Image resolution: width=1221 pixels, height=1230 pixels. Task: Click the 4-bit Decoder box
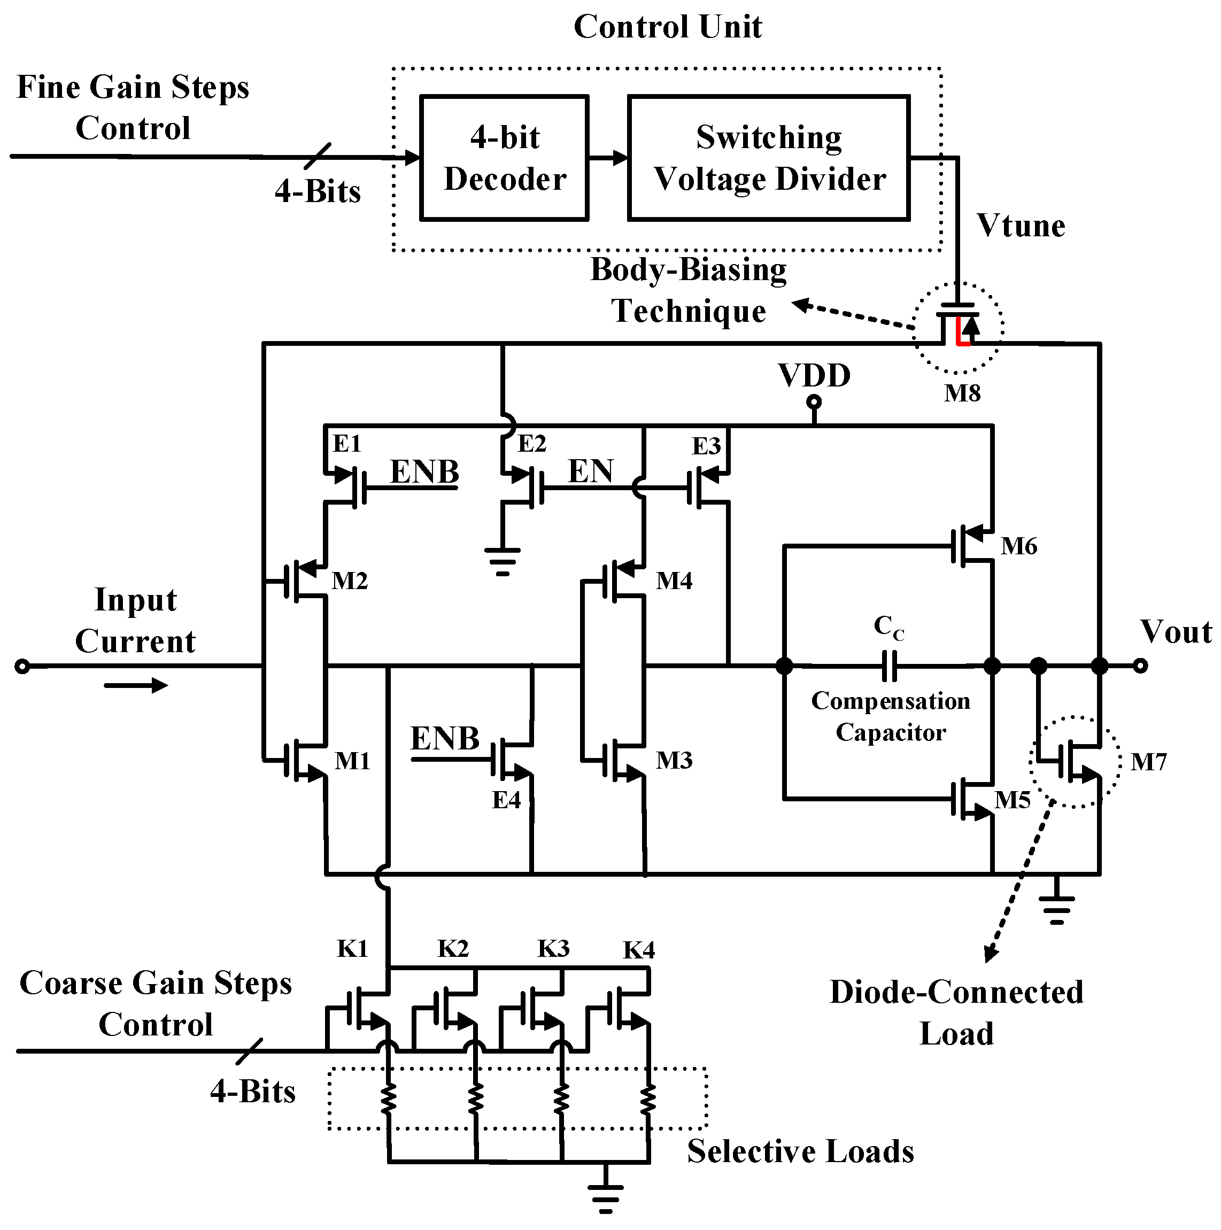click(504, 158)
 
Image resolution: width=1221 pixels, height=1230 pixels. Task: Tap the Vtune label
click(1021, 226)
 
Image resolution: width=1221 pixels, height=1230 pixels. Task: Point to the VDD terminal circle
click(814, 403)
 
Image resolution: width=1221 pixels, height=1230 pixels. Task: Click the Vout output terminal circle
click(1140, 666)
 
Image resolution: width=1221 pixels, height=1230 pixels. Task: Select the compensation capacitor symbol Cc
click(888, 666)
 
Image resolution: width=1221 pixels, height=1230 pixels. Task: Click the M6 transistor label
click(1018, 546)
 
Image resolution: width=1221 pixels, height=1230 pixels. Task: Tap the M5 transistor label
click(1012, 800)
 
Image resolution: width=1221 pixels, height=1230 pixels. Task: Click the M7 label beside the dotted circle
click(1148, 762)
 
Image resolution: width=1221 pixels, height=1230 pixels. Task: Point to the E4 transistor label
click(506, 800)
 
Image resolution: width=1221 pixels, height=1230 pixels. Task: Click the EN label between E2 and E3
click(590, 472)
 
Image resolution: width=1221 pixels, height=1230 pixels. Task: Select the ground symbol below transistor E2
click(503, 560)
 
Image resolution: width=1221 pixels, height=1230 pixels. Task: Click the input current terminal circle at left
click(22, 667)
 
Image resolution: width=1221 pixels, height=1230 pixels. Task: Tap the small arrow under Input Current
click(136, 686)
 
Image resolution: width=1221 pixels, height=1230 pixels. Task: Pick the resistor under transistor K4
click(647, 1100)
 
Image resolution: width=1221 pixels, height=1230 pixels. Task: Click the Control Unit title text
click(667, 27)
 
